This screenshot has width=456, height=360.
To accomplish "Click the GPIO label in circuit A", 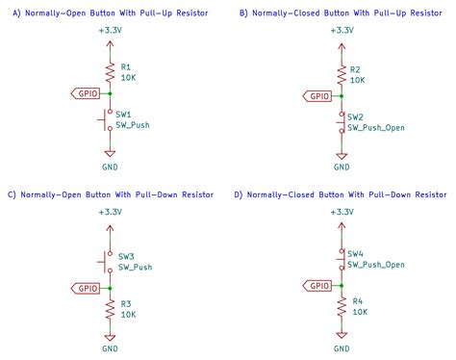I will [x=88, y=93].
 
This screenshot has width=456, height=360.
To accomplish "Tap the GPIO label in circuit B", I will [x=317, y=95].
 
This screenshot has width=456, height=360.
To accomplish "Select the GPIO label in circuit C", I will [x=88, y=286].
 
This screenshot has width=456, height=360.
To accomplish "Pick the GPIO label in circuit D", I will [x=317, y=285].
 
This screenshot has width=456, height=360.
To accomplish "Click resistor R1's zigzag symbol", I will [x=110, y=72].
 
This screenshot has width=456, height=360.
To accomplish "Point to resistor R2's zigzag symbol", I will [x=340, y=74].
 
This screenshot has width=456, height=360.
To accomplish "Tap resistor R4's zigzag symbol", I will [x=340, y=306].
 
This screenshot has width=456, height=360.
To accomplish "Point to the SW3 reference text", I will [x=126, y=257].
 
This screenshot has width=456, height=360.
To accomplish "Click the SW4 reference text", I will [x=356, y=253].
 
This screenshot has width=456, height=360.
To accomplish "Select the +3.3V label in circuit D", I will [x=340, y=211].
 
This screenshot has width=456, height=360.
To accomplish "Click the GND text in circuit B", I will [x=340, y=167].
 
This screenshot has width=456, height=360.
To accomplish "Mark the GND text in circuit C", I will [x=110, y=348].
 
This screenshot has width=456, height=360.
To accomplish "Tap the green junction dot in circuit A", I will [x=110, y=93].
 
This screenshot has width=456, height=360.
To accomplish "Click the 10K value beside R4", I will [x=360, y=312].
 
